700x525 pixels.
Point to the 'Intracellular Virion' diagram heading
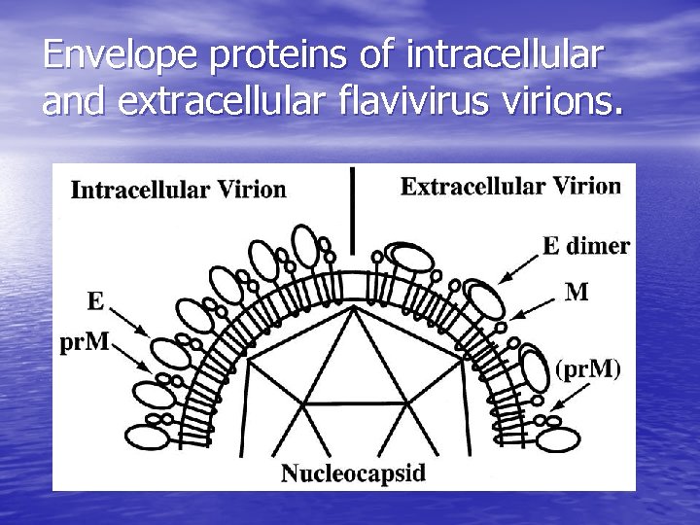[179, 189]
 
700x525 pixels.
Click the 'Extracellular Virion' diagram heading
[510, 186]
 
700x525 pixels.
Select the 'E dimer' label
[585, 246]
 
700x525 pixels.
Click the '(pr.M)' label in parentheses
[587, 369]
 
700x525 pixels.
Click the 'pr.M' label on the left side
[85, 346]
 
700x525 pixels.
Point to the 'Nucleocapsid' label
[353, 473]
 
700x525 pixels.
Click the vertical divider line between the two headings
[352, 209]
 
